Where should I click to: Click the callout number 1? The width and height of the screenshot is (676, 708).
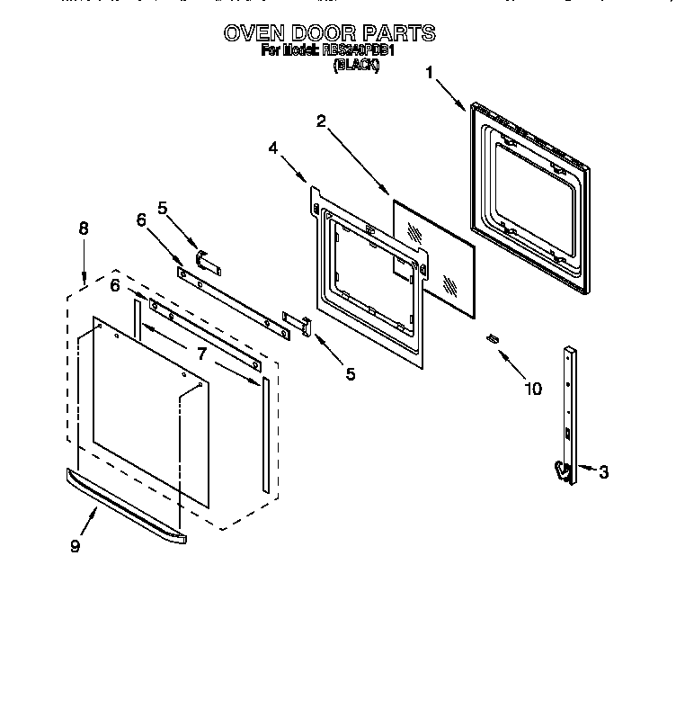(430, 73)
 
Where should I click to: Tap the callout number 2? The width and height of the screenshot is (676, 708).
(321, 121)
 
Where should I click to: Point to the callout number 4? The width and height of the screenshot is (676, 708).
(273, 148)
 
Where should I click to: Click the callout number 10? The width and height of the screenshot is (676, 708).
(532, 389)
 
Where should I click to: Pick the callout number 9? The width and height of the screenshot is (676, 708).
(75, 546)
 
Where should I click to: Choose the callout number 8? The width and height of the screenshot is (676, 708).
(84, 229)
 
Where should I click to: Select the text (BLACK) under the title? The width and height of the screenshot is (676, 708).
(356, 66)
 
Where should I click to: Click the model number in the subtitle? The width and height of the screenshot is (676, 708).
(358, 51)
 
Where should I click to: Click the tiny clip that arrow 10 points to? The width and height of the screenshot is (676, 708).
(492, 338)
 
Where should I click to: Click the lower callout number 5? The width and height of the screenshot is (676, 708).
(349, 373)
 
